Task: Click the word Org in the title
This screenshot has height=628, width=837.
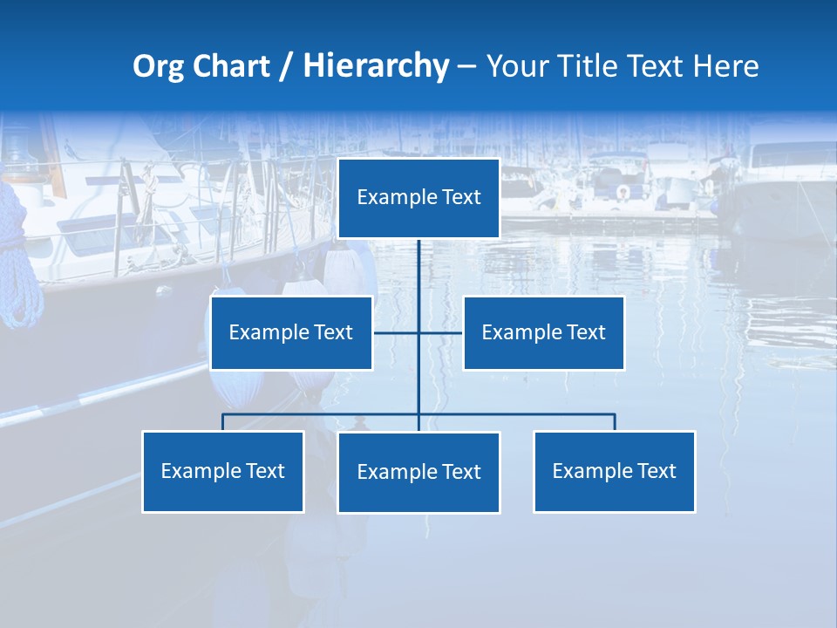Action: click(x=160, y=66)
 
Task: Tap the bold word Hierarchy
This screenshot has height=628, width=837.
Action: click(x=376, y=66)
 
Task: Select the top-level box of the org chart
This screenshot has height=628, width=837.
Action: click(x=418, y=198)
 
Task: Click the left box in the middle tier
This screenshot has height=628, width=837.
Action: click(x=291, y=332)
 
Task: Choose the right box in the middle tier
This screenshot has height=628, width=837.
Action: click(x=543, y=332)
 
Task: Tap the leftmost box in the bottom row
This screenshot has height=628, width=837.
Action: click(x=222, y=471)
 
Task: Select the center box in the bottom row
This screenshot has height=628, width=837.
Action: click(x=418, y=472)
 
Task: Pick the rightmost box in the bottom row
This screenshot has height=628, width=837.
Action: click(x=614, y=471)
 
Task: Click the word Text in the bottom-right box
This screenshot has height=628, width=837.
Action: click(x=656, y=471)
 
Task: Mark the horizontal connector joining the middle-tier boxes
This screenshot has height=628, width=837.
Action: click(x=440, y=332)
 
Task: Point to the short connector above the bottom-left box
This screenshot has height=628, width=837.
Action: click(x=222, y=422)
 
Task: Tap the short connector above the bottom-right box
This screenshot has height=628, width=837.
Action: click(x=615, y=422)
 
